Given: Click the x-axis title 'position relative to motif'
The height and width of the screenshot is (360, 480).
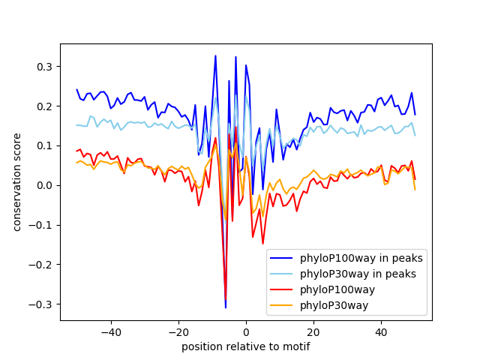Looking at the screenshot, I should point(246,346).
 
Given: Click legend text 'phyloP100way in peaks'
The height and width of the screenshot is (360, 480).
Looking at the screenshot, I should point(361,258).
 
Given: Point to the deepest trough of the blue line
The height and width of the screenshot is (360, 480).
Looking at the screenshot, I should point(225,307).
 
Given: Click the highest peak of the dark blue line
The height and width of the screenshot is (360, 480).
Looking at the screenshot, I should point(215,55).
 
